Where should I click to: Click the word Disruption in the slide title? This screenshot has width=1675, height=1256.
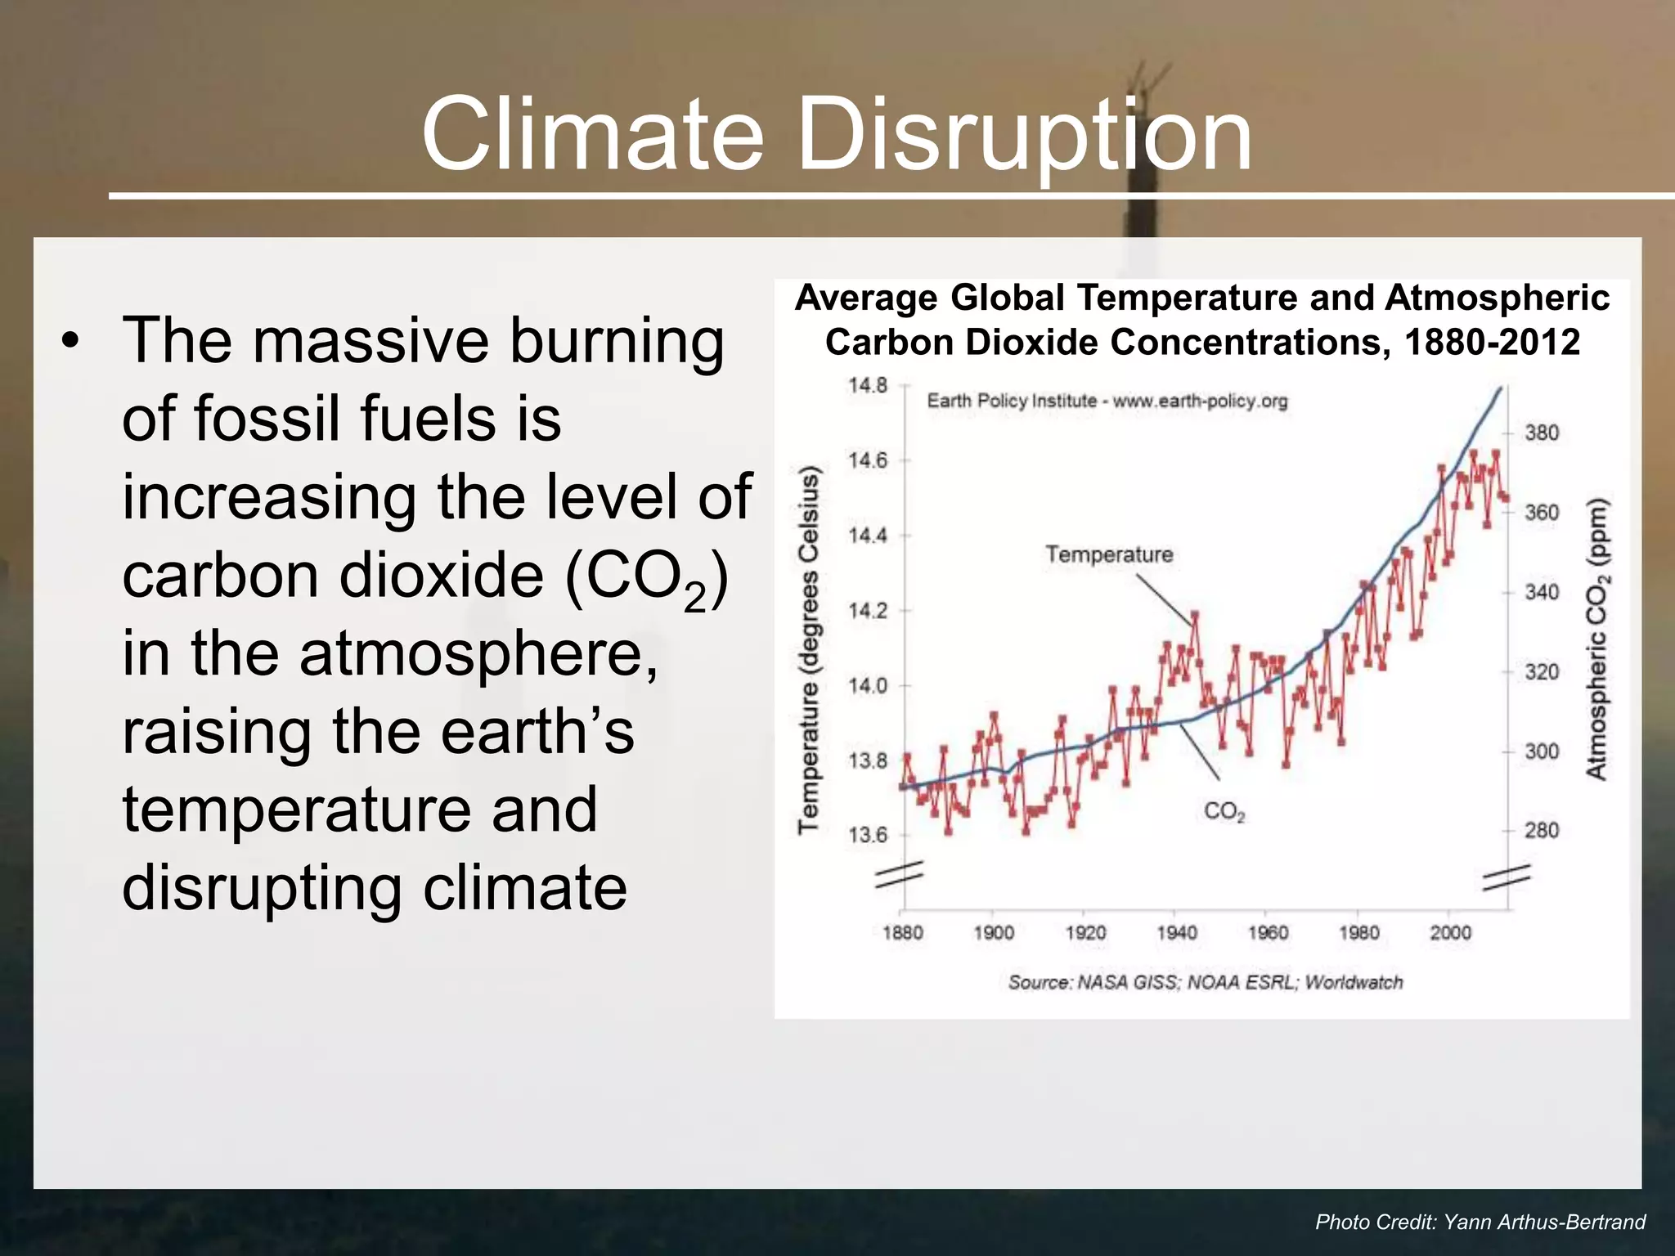[x=1024, y=135]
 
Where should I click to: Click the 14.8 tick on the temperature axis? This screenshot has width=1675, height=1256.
[x=867, y=385]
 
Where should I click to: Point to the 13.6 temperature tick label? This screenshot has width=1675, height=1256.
[x=867, y=835]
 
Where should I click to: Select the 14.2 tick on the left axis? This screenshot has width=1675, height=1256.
[x=867, y=611]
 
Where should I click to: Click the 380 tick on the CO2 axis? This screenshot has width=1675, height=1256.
[x=1542, y=433]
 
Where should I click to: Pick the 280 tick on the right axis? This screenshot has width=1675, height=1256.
[x=1542, y=831]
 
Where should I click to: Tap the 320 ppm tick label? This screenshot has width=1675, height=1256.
[x=1542, y=672]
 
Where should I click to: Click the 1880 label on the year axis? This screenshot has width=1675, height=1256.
[x=902, y=933]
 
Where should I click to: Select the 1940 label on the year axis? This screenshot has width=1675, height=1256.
[x=1176, y=933]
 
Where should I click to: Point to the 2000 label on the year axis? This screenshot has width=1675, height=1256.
[x=1450, y=933]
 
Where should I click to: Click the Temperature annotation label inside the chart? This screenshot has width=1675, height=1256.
[x=1109, y=554]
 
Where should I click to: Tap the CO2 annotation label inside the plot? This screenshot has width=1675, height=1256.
[x=1224, y=811]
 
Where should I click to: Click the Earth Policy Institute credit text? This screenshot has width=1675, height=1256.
[x=1107, y=401]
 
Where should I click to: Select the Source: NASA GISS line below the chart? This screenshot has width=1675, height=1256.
[x=1205, y=982]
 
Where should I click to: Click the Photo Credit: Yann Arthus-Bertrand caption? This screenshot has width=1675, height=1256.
[x=1480, y=1222]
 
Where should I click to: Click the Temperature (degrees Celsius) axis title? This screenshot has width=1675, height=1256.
[x=809, y=650]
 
